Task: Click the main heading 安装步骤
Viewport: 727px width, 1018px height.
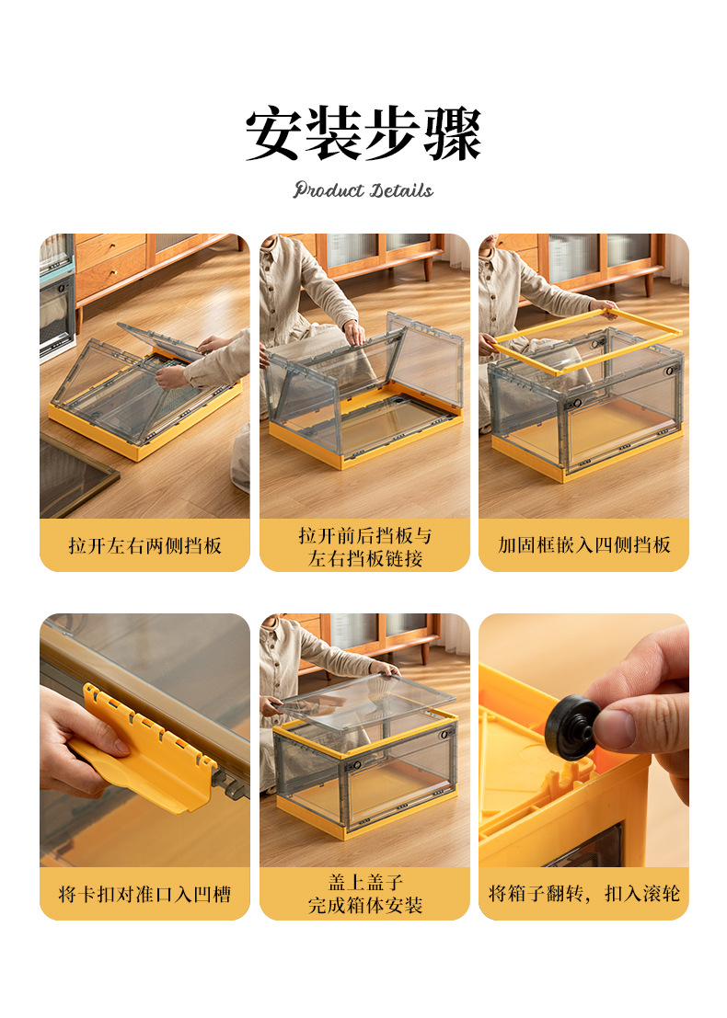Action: click(363, 133)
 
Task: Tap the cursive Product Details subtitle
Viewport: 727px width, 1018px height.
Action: click(363, 189)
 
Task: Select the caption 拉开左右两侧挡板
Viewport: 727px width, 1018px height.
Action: click(144, 545)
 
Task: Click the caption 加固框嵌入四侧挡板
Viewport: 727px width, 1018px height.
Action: click(584, 544)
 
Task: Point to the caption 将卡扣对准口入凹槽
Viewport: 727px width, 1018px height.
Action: click(144, 894)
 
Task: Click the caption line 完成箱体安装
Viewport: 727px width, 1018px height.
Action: click(365, 905)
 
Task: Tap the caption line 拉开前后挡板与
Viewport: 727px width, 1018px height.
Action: click(365, 535)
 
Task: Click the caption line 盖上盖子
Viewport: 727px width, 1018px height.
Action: click(365, 882)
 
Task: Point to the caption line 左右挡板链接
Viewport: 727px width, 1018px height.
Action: click(365, 558)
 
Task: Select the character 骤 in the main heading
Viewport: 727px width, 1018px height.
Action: click(454, 133)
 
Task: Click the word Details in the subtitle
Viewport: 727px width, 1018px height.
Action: click(402, 189)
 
